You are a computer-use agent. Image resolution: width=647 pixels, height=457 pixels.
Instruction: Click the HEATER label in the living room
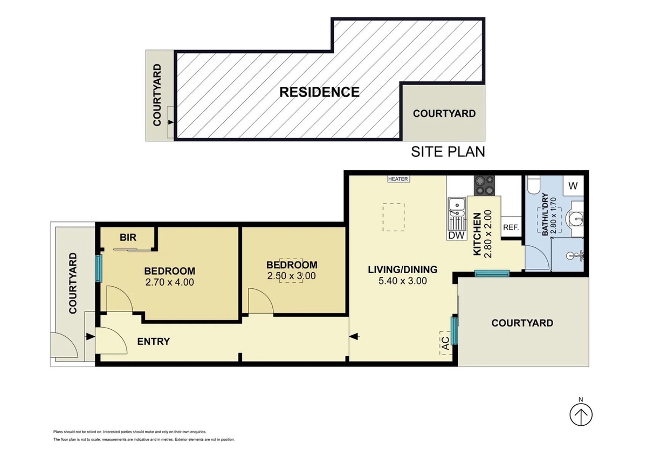[398, 179]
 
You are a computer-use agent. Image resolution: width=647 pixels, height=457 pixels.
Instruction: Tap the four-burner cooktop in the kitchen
[484, 185]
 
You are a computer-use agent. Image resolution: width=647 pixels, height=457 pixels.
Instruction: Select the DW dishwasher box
[457, 235]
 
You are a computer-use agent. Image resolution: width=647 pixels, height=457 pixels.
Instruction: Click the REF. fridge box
[511, 227]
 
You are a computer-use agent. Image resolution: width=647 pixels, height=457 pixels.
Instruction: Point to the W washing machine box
[573, 185]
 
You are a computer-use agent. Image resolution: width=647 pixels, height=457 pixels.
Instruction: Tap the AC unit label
[446, 343]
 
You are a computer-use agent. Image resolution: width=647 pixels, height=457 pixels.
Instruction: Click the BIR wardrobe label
[128, 237]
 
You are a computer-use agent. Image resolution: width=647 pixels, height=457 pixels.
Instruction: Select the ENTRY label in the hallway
[153, 342]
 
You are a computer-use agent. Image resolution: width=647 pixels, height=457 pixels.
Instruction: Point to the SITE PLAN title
[448, 152]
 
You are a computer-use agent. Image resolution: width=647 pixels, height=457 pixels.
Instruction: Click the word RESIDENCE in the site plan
[319, 92]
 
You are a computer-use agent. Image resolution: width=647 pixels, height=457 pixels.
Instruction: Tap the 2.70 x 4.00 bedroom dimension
[169, 282]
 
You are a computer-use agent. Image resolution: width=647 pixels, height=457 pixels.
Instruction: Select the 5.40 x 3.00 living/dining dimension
[403, 281]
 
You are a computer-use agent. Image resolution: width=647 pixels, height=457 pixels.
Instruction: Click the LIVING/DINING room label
[403, 269]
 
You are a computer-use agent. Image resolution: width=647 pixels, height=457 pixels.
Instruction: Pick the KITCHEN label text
[477, 234]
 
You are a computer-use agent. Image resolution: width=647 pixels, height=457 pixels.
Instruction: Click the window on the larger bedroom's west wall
[99, 268]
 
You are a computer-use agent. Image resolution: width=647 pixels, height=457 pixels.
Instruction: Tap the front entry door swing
[111, 341]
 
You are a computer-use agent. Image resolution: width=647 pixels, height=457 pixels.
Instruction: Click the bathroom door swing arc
[537, 258]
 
